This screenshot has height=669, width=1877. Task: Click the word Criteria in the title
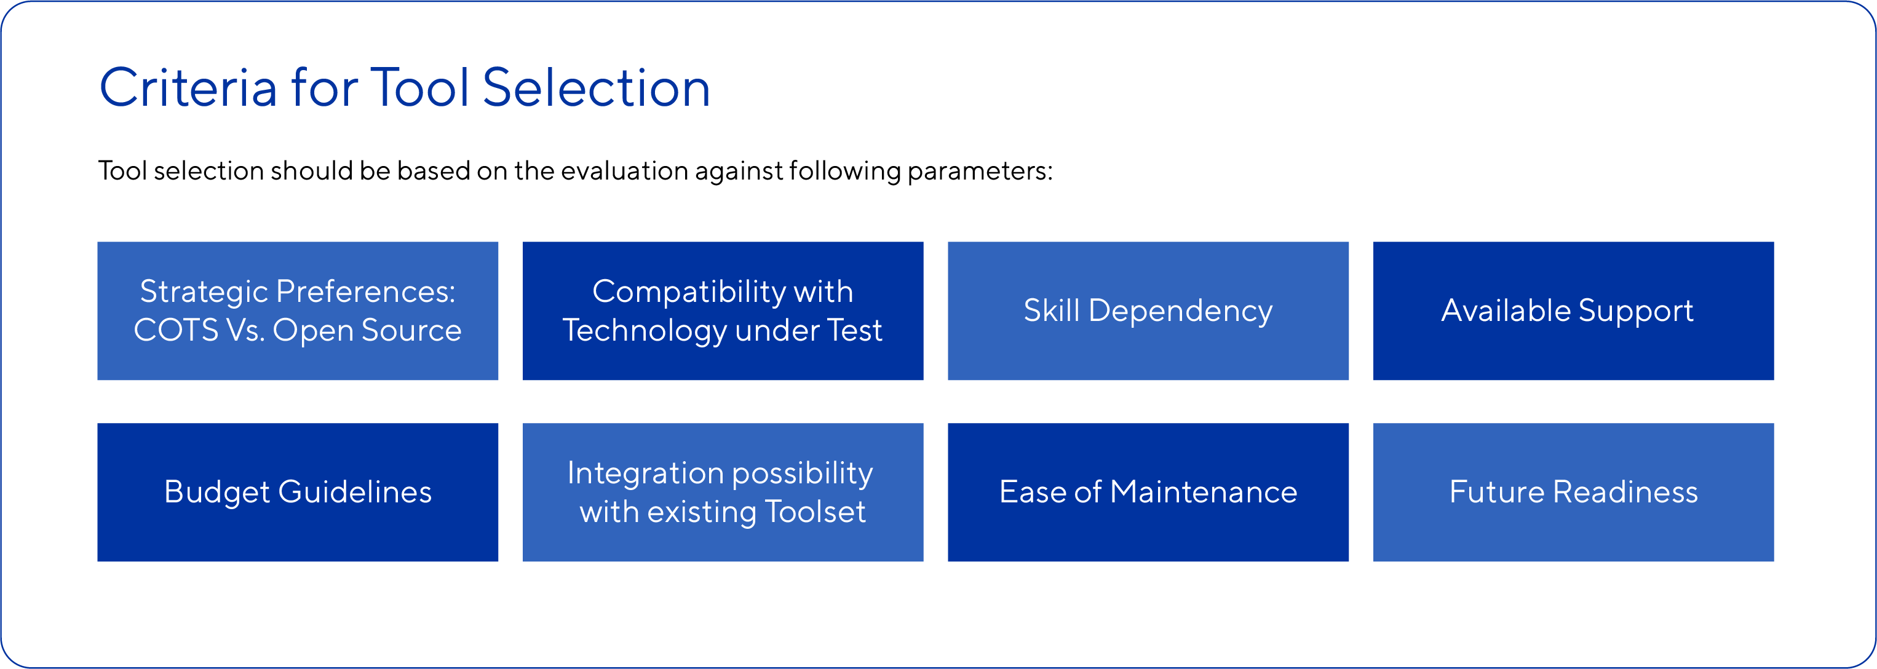[x=188, y=87]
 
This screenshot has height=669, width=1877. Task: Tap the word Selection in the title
[x=596, y=87]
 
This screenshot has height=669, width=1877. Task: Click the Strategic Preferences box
[x=297, y=311]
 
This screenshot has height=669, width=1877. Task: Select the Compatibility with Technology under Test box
[x=723, y=311]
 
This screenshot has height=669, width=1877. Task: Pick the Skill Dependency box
[x=1148, y=311]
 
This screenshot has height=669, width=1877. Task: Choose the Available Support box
[x=1573, y=311]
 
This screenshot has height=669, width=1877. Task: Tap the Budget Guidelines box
[x=297, y=492]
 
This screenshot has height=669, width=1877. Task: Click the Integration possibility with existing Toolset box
[x=723, y=492]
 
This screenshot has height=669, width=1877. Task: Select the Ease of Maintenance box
[x=1148, y=492]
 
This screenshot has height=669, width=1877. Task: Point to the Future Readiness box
[x=1573, y=492]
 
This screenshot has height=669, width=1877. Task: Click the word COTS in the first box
[x=176, y=330]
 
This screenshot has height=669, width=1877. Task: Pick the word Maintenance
[x=1204, y=492]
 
